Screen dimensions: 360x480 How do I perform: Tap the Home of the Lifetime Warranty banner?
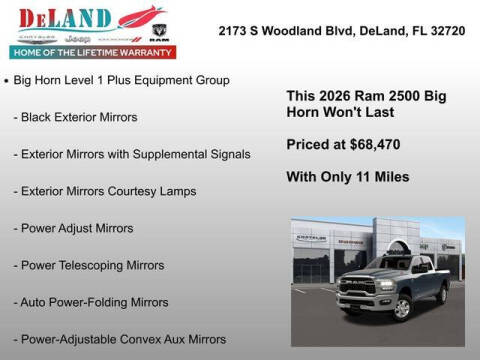90,51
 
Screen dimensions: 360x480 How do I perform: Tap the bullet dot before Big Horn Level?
8,79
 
